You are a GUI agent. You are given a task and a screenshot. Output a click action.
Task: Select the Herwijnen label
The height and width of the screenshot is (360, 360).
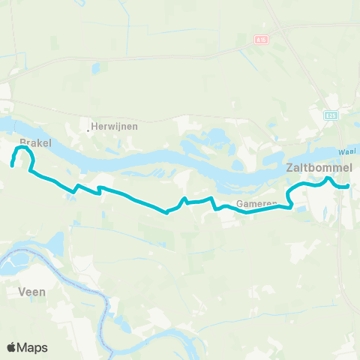pyautogui.click(x=115, y=127)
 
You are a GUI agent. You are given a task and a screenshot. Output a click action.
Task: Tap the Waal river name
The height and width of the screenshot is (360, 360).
pyautogui.click(x=346, y=152)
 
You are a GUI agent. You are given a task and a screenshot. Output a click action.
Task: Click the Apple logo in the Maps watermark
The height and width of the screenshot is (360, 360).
pyautogui.click(x=12, y=347)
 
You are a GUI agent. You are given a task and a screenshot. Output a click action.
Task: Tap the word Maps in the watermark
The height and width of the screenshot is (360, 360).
pyautogui.click(x=33, y=347)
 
